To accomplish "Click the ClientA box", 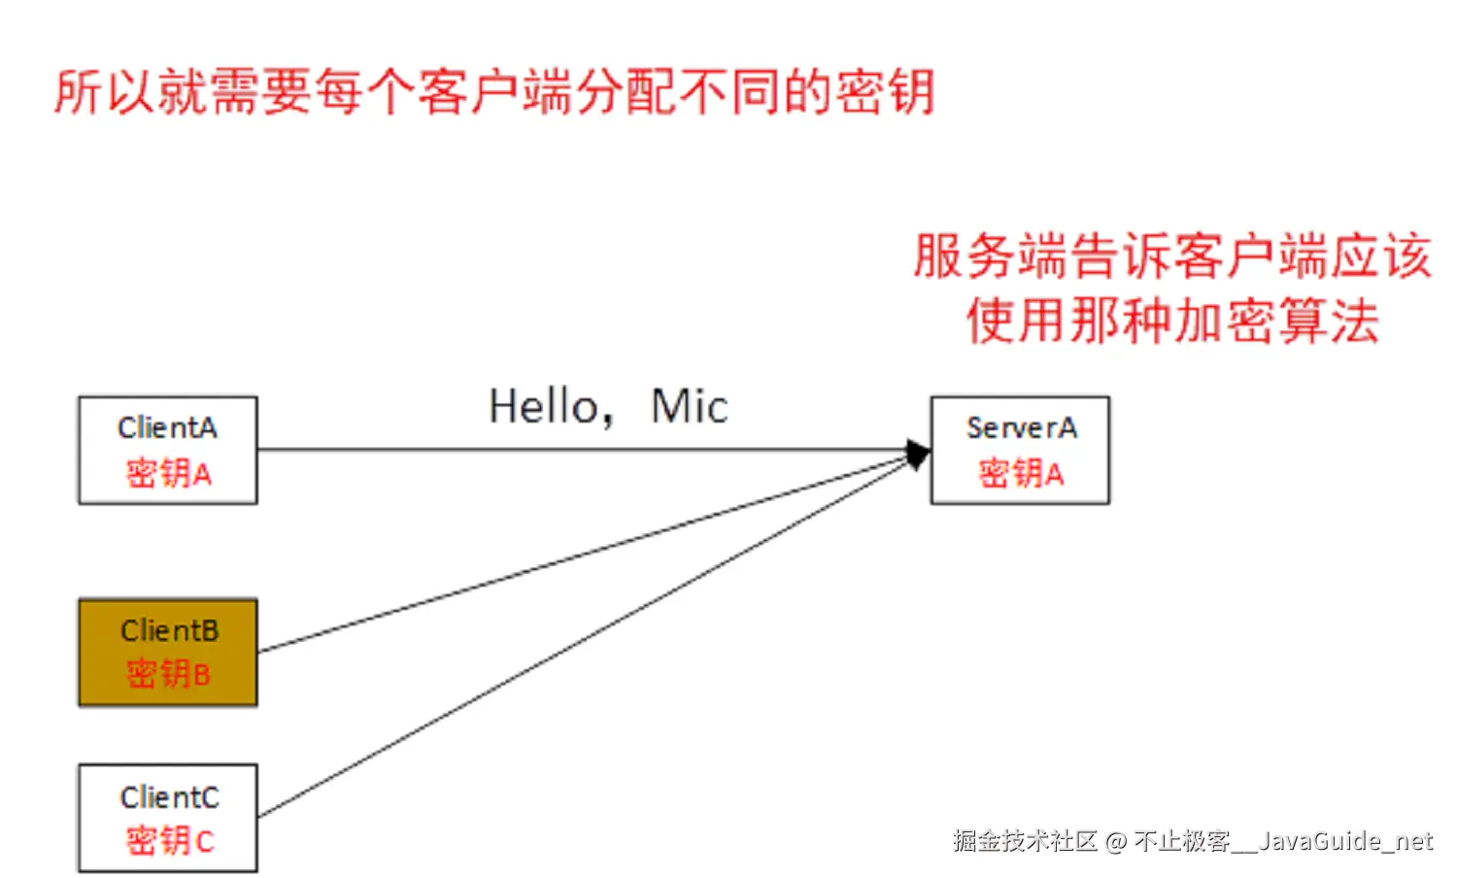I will [167, 450].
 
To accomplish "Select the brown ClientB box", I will [167, 652].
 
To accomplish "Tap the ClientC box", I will [167, 818].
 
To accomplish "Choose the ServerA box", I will [1020, 450].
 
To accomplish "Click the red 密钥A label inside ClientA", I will [168, 474].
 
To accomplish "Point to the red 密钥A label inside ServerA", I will [1021, 474].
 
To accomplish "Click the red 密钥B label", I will [168, 674].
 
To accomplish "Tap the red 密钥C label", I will [169, 841].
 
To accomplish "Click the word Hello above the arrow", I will [545, 407].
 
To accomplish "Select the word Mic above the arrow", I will [689, 407].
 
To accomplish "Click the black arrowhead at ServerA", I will [917, 453].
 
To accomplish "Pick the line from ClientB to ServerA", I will [583, 557].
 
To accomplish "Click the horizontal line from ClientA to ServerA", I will [583, 450].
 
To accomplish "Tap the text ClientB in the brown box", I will [169, 631].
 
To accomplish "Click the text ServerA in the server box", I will [1021, 428].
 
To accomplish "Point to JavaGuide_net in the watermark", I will [1345, 841].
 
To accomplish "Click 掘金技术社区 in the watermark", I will [1025, 841].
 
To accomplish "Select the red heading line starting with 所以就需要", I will [493, 93].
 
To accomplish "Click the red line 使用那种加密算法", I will [1172, 321].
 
